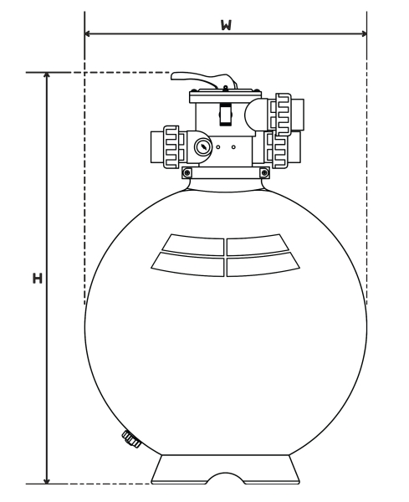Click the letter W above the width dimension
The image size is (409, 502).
pyautogui.click(x=226, y=25)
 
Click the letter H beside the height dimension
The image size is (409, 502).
pyautogui.click(x=38, y=279)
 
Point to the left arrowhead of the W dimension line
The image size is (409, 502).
pyautogui.click(x=87, y=33)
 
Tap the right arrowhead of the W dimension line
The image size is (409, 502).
pyautogui.click(x=364, y=33)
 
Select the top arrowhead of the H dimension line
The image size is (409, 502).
pyautogui.click(x=47, y=76)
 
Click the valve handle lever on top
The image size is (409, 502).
pyautogui.click(x=204, y=79)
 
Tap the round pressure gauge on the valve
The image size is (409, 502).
pyautogui.click(x=203, y=147)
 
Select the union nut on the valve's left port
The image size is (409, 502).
pyautogui.click(x=171, y=147)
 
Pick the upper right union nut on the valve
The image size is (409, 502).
pyautogui.click(x=284, y=115)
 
